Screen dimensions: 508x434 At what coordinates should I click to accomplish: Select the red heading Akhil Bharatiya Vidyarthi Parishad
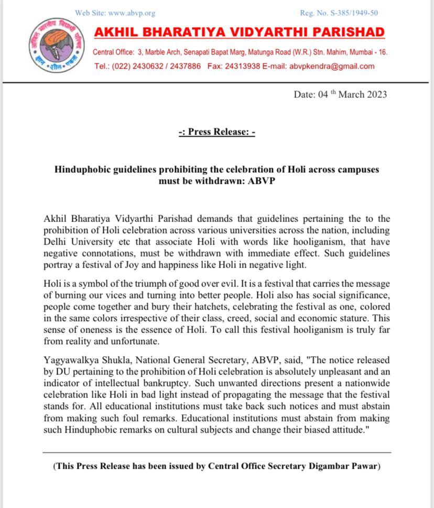pos(239,32)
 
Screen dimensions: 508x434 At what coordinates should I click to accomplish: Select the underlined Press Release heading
pos(216,132)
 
